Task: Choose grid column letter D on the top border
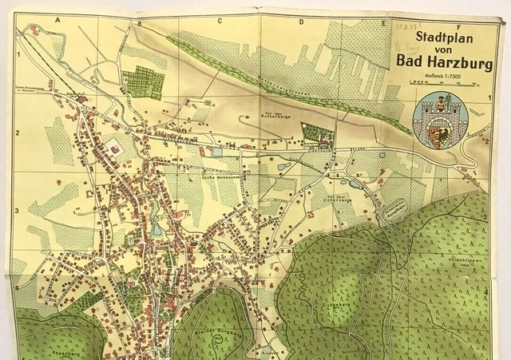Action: tap(301, 22)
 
